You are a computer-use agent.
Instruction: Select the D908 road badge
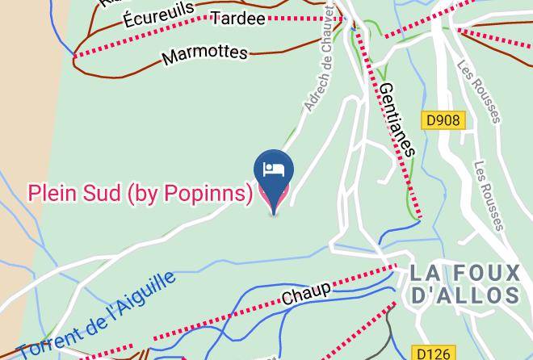coord(443,120)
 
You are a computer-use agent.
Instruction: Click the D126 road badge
coord(432,354)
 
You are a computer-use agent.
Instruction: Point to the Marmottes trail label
coord(204,54)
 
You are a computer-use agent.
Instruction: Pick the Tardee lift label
coord(237,19)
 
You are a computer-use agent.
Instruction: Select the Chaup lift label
coord(306,293)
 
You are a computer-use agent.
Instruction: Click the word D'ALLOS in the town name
coord(464,295)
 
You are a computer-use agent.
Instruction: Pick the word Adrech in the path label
coord(311,91)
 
